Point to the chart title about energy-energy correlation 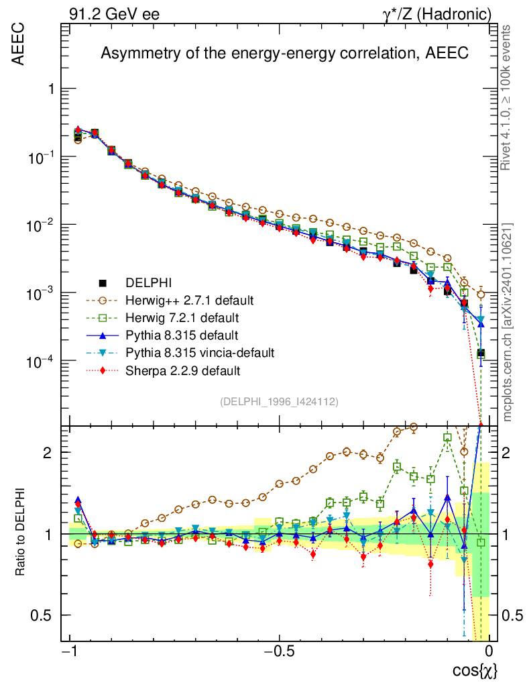click(284, 54)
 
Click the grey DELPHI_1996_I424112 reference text click(278, 401)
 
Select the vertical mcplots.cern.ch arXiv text click(508, 322)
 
